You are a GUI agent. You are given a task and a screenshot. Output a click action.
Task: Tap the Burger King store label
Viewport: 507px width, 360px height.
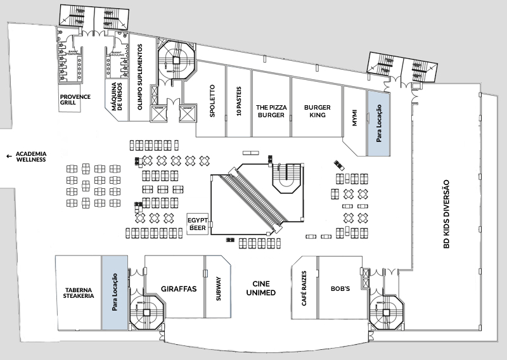(x=317, y=111)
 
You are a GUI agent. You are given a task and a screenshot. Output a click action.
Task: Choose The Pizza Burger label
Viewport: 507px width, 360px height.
(x=271, y=111)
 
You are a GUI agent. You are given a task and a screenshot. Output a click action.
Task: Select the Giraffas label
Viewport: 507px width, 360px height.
(x=175, y=289)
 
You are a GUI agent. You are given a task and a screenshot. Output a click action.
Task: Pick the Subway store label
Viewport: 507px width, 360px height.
(x=218, y=289)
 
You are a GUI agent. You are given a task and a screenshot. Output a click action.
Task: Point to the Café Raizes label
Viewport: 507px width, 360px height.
(x=304, y=288)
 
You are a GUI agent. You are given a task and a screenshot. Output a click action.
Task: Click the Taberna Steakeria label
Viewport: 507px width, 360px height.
(x=79, y=294)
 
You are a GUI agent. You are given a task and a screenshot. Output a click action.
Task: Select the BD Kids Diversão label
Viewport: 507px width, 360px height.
(x=446, y=213)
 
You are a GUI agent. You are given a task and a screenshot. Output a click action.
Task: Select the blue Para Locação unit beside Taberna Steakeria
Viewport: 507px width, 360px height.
(x=115, y=292)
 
